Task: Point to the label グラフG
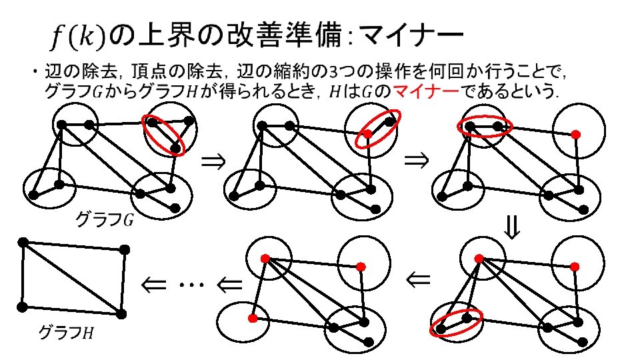click(103, 219)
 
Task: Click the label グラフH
click(66, 331)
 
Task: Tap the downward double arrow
click(511, 229)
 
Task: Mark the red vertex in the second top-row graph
click(367, 134)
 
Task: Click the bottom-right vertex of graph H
click(121, 313)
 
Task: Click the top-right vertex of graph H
click(124, 251)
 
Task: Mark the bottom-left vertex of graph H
click(22, 307)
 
